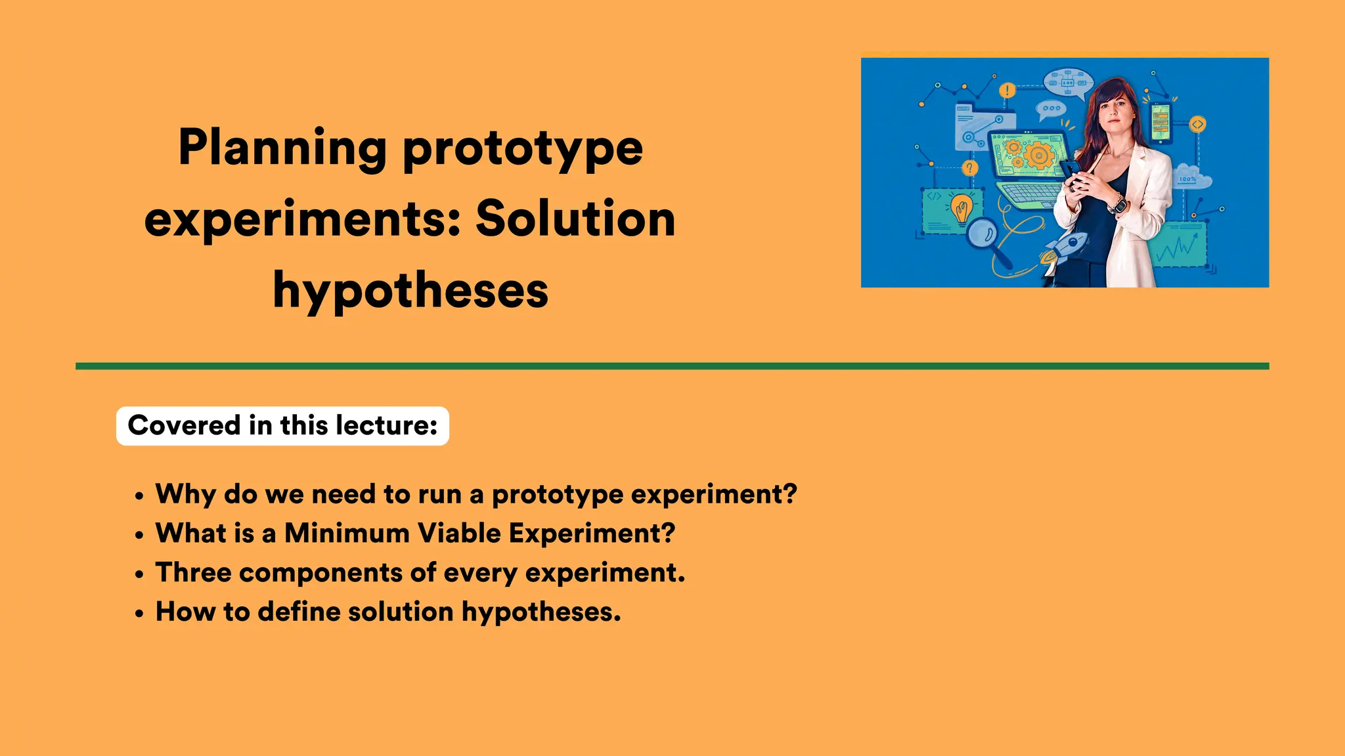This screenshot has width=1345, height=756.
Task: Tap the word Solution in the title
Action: tap(575, 219)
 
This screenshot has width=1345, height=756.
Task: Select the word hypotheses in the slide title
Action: tap(410, 291)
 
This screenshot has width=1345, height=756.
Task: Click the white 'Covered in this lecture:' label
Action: tap(282, 426)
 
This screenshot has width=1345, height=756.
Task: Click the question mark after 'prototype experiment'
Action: tap(789, 494)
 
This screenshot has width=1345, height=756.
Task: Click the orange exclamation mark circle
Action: tap(1007, 91)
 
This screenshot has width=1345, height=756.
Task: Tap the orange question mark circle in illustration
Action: tap(969, 168)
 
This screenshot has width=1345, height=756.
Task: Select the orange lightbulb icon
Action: tap(962, 209)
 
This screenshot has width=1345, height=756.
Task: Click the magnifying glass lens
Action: tap(982, 234)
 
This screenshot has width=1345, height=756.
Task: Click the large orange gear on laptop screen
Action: tap(1038, 156)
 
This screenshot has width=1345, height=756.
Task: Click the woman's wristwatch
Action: tap(1117, 205)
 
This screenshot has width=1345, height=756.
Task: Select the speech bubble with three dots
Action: tap(1051, 109)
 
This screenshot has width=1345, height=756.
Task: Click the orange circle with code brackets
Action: tap(1197, 124)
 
